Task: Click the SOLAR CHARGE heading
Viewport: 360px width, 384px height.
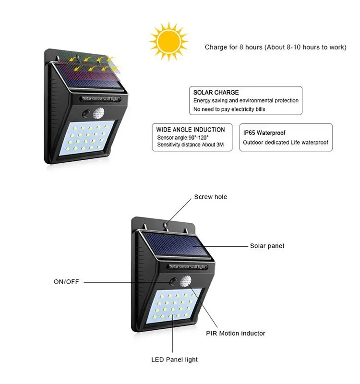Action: [216, 92]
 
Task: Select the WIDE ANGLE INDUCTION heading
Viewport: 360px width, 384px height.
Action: [191, 130]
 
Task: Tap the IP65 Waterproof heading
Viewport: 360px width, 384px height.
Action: [264, 132]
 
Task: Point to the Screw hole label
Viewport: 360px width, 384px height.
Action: [211, 197]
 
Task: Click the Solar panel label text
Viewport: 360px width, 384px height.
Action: [267, 246]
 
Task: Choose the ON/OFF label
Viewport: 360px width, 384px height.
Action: [66, 282]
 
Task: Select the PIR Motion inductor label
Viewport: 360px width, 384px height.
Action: [236, 333]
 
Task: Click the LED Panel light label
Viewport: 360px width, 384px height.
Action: [175, 359]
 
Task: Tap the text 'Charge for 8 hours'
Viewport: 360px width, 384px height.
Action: [234, 47]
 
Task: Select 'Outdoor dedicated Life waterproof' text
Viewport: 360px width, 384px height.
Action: [285, 143]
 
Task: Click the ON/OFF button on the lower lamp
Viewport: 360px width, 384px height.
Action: [171, 281]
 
